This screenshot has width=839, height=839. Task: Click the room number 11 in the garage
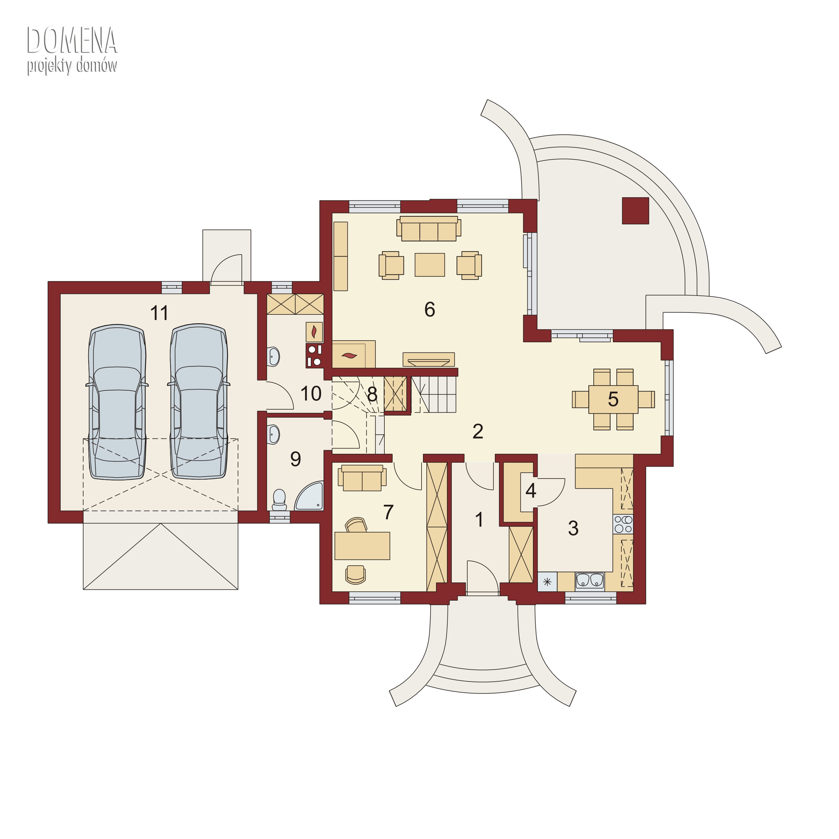[x=159, y=313]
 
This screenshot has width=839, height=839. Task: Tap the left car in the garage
[x=117, y=402]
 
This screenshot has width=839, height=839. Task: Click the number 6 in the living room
[x=429, y=310]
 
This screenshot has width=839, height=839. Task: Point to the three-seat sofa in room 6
[x=429, y=228]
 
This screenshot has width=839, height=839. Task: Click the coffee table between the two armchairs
[x=429, y=264]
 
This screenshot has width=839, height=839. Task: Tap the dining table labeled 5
[x=613, y=399]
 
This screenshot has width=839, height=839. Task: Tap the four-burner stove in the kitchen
[x=623, y=524]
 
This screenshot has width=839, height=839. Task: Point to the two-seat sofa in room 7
[x=362, y=478]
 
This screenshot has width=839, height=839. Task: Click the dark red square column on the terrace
[x=635, y=211]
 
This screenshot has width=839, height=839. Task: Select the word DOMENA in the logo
[x=72, y=41]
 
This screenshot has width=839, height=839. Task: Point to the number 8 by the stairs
[x=372, y=395]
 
